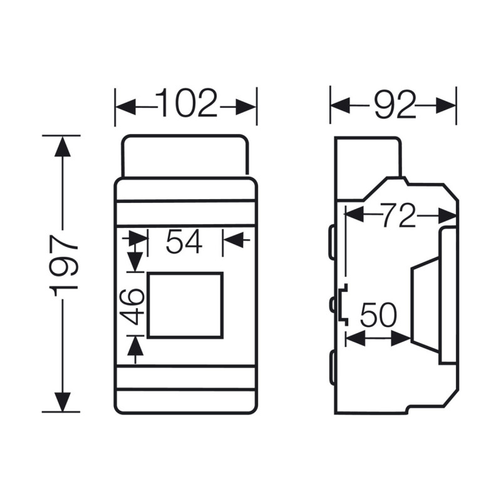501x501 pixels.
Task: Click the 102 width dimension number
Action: (186, 104)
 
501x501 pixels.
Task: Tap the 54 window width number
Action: (184, 242)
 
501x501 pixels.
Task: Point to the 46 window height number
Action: (135, 304)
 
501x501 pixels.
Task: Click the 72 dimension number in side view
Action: (398, 217)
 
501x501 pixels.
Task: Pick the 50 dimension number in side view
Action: (378, 315)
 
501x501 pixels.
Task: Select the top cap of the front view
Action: (185, 155)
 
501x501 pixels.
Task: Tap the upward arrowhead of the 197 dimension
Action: (61, 147)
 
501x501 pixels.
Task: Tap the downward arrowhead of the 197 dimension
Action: (61, 401)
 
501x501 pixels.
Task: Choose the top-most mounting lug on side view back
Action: (331, 242)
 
